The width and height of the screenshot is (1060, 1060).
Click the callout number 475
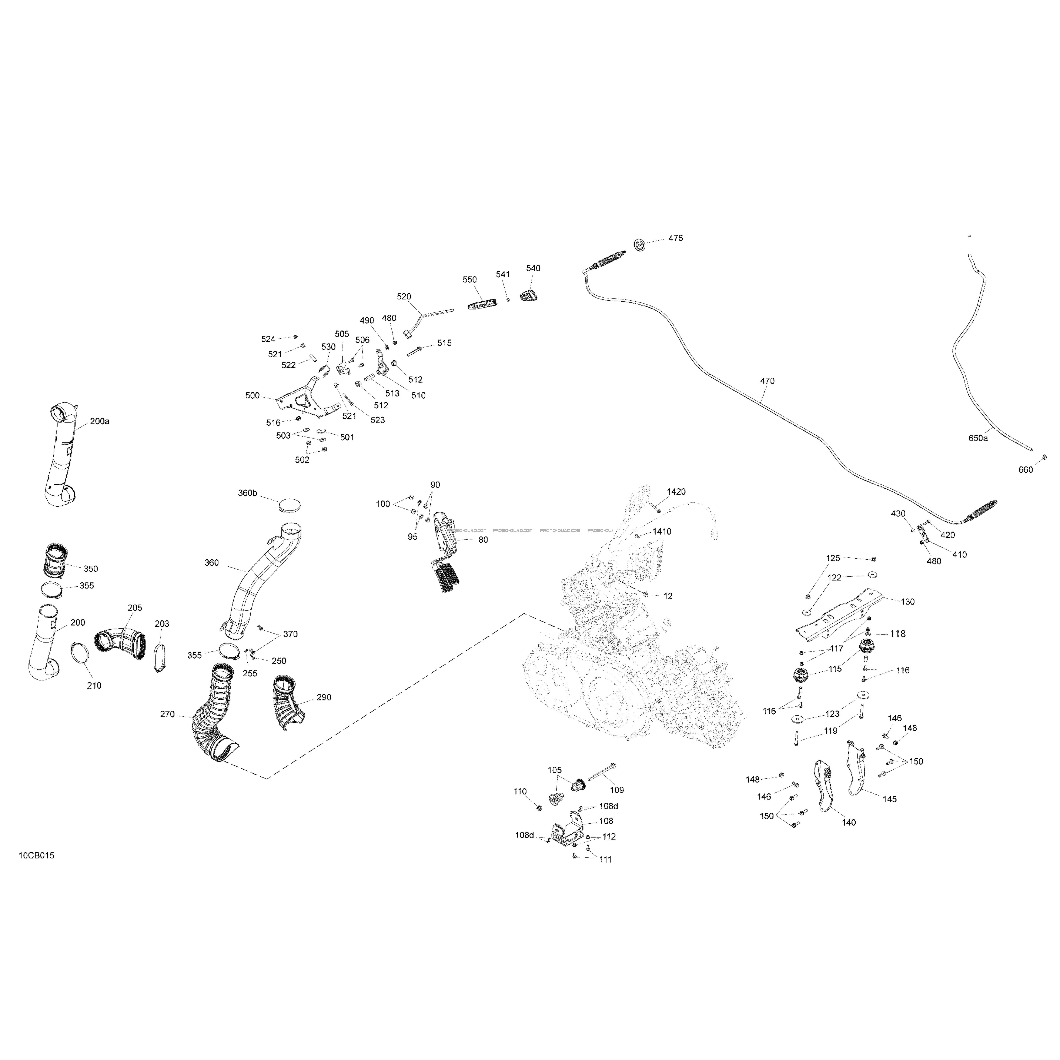[675, 238]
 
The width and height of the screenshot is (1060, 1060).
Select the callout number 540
[533, 268]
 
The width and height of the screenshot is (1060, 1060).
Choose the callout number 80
[483, 540]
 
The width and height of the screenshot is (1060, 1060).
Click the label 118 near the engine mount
[898, 634]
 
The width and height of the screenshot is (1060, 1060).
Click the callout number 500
[252, 396]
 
